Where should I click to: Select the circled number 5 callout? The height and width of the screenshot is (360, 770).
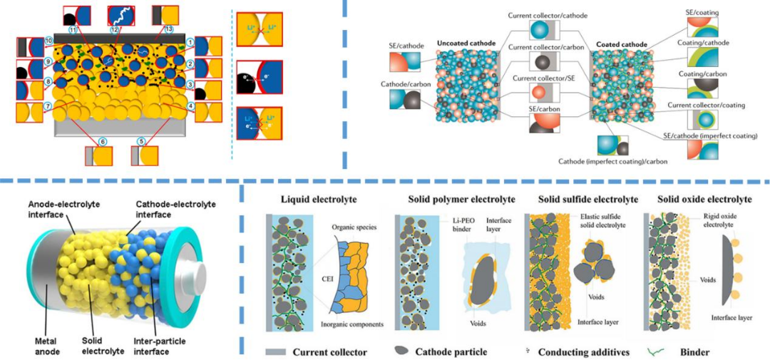[141, 142]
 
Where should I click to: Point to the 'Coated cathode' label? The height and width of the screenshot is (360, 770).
[619, 45]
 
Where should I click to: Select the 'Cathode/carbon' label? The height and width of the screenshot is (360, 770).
[401, 85]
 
